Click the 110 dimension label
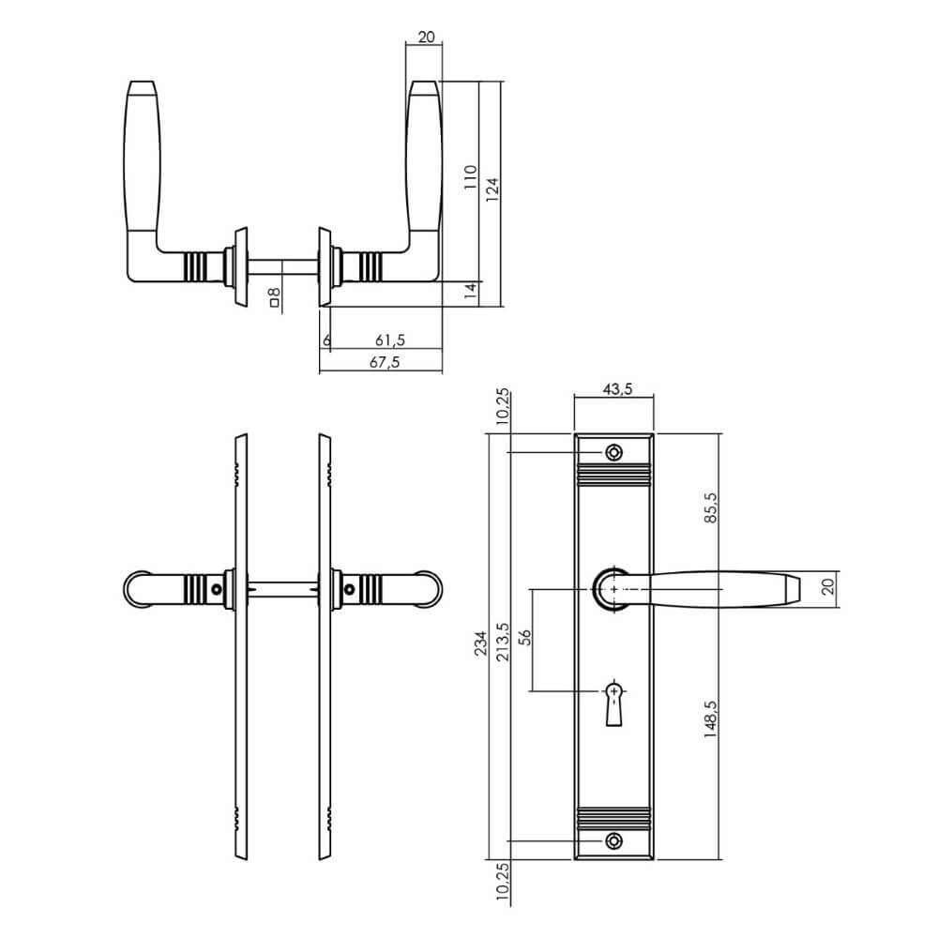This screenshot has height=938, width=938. [471, 178]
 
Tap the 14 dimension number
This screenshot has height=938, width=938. [471, 292]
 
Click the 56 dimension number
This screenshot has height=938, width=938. [525, 639]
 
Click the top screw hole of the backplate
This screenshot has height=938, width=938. [613, 453]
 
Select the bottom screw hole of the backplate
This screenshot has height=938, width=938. [613, 840]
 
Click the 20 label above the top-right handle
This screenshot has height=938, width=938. [425, 38]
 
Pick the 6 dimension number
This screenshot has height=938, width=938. [326, 339]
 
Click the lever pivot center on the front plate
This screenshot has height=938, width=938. [613, 587]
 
